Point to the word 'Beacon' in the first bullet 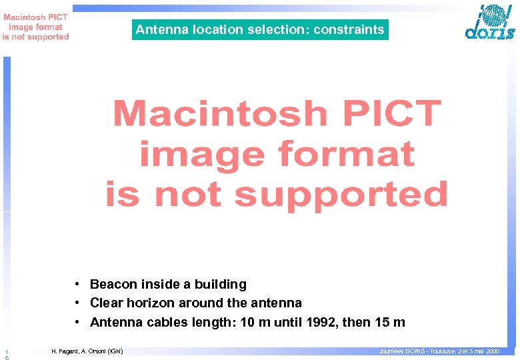click(111, 285)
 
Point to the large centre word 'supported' click(341, 194)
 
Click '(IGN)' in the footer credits click(115, 351)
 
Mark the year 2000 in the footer click(491, 351)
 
